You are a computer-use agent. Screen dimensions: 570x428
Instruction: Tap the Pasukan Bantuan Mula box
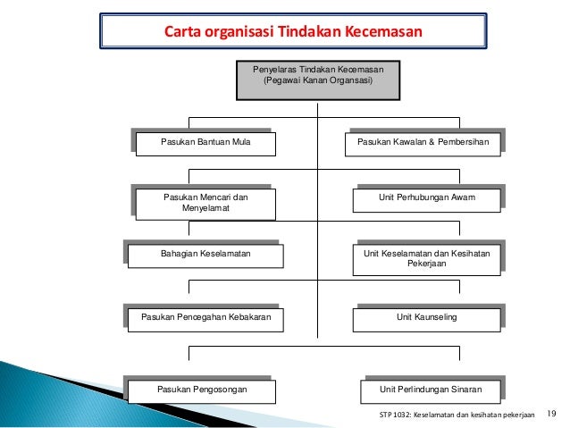pyautogui.click(x=205, y=143)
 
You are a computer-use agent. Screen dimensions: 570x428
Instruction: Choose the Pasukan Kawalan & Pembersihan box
pyautogui.click(x=423, y=143)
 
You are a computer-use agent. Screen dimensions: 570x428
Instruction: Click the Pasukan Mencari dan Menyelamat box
pyautogui.click(x=205, y=203)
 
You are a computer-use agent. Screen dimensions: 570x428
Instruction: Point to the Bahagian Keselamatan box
pyautogui.click(x=205, y=256)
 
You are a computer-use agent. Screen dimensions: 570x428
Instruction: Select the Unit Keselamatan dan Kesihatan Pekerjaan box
pyautogui.click(x=425, y=259)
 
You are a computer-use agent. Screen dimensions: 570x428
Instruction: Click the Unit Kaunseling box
pyautogui.click(x=425, y=317)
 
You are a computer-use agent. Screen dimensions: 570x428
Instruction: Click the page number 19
pyautogui.click(x=550, y=413)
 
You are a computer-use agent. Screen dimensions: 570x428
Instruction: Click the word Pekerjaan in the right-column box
pyautogui.click(x=426, y=264)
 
